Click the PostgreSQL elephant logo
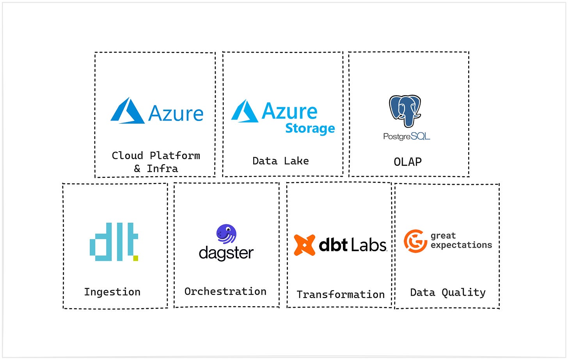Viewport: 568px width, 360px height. coord(405,111)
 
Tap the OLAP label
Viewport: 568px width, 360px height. coord(408,162)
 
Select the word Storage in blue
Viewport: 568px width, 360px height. coord(310,128)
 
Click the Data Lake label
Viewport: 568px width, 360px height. coord(280,161)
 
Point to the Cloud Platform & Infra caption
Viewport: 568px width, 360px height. coord(156,162)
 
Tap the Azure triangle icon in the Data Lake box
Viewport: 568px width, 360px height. coord(245,112)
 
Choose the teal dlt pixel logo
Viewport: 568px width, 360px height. coord(114,242)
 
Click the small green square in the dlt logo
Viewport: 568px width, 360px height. coord(135,258)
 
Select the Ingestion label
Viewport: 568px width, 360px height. coord(112,292)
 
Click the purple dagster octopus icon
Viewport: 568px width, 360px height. coord(226,234)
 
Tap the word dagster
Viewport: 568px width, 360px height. coord(226,253)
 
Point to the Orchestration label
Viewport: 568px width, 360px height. coord(225,292)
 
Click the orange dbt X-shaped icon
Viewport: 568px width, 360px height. coord(304,245)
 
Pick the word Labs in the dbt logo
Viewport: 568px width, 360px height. coord(368,245)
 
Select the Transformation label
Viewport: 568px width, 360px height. coord(341,294)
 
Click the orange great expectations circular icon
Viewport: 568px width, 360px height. coord(415,241)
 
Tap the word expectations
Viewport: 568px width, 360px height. coord(461,245)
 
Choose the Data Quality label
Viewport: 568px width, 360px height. coord(448,293)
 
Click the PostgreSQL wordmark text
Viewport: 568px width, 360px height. coord(406,137)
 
